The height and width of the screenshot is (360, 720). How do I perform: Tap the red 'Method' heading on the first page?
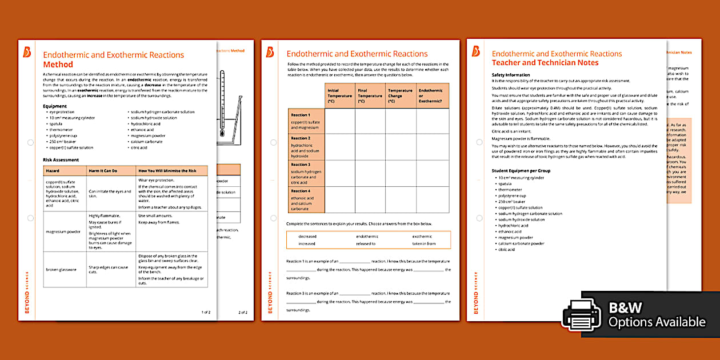(58, 65)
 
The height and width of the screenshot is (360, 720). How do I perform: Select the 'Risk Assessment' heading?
(61, 160)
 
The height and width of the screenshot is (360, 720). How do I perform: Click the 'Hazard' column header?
(53, 170)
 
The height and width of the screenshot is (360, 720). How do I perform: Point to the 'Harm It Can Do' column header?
(103, 170)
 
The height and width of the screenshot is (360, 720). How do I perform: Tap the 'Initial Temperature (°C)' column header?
(339, 96)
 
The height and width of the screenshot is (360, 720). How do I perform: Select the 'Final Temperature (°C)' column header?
(370, 96)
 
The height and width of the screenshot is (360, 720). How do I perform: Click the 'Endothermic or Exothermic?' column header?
(431, 96)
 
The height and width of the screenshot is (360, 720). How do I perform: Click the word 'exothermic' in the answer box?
(422, 236)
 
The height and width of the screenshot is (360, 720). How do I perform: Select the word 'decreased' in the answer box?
(307, 236)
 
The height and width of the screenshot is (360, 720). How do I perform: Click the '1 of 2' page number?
(206, 313)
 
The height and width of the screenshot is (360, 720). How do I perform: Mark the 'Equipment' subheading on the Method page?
(55, 106)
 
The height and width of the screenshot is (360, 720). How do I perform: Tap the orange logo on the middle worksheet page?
(270, 53)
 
